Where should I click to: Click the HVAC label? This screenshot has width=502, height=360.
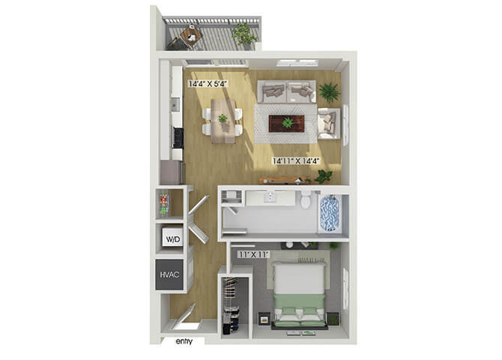[x=169, y=274]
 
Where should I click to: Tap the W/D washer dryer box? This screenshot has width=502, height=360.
[x=173, y=237]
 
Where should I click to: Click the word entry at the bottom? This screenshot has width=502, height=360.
[x=184, y=341]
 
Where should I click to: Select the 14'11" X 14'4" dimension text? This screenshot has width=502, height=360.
[x=296, y=161]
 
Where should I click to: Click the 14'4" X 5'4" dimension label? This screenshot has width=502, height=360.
[x=208, y=84]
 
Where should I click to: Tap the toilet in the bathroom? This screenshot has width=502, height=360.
[x=306, y=199]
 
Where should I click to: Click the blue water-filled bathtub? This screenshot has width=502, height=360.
[x=330, y=212]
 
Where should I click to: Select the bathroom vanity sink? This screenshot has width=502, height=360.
[x=270, y=197]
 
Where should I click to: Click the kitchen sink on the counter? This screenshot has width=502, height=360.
[x=175, y=104]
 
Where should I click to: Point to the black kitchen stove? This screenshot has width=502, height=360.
[x=178, y=137]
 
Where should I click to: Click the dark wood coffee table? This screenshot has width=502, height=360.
[x=286, y=124]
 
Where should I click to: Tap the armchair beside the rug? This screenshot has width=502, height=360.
[x=328, y=124]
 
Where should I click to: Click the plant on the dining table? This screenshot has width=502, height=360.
[x=223, y=118]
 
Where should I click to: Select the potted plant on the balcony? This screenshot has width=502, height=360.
[x=244, y=34]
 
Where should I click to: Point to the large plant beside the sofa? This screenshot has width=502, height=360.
[x=329, y=92]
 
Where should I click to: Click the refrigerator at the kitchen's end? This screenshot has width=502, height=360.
[x=172, y=172]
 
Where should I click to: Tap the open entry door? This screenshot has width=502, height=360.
[x=184, y=316]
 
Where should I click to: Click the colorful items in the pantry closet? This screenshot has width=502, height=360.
[x=164, y=203]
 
